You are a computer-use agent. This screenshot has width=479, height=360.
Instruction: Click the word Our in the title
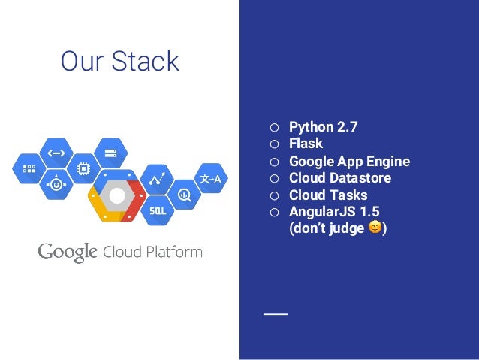tap(81, 62)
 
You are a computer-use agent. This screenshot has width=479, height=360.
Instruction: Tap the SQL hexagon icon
tap(158, 210)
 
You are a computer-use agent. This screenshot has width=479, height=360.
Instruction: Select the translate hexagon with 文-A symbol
tap(211, 179)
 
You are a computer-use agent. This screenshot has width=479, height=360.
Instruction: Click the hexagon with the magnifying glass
tap(184, 197)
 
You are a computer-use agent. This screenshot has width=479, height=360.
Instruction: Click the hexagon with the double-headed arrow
tap(57, 153)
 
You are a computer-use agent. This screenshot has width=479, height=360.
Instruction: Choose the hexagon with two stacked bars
tap(110, 154)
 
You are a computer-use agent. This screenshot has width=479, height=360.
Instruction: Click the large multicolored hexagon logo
tap(117, 197)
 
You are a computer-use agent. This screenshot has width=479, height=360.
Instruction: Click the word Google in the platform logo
tap(68, 252)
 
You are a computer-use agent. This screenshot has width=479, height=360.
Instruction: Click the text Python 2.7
tap(323, 127)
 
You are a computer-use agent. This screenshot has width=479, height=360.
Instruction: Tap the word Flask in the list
tap(306, 144)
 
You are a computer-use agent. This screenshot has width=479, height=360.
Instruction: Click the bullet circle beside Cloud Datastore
tap(275, 179)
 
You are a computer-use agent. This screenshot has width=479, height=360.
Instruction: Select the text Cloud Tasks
tap(328, 195)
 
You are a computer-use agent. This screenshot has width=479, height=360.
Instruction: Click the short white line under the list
tap(275, 312)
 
